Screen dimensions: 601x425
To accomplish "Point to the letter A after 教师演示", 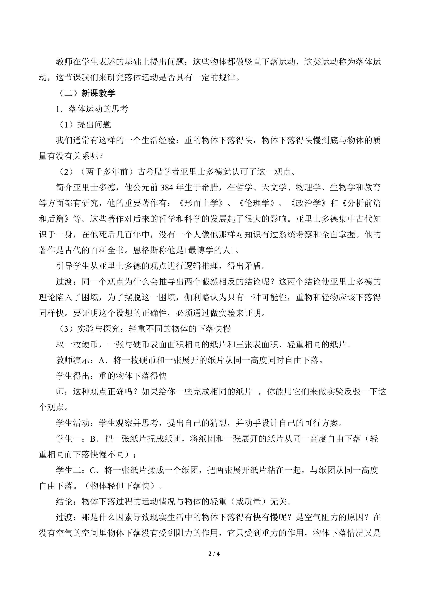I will (102, 360).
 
